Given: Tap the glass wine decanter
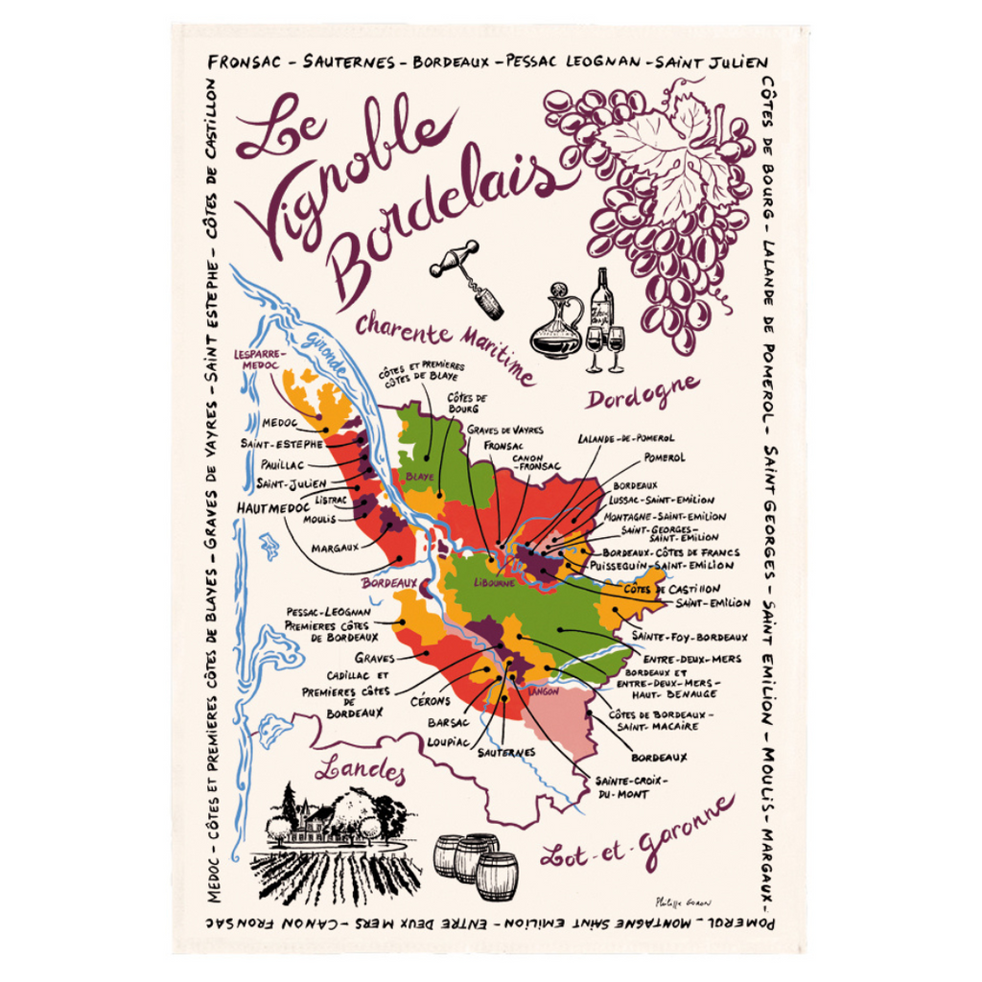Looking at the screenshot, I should coord(557,323).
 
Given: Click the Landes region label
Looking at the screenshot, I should coord(360,769).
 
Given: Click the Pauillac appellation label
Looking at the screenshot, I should coord(281,464).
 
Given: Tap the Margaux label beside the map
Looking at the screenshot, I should coord(335,548).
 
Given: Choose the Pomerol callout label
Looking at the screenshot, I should coord(665,458).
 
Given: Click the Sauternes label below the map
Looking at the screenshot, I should coord(506,753).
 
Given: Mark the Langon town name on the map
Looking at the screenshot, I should coord(544,691).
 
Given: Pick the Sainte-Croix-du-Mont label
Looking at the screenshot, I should coord(630,787).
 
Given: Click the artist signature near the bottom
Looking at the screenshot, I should coord(683,901).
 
